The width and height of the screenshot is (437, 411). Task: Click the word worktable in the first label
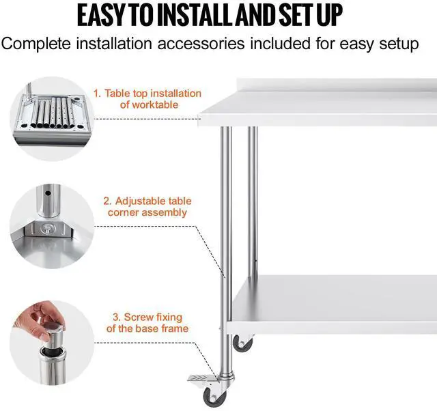pyautogui.click(x=149, y=104)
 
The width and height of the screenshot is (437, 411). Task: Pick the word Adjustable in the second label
pyautogui.click(x=153, y=201)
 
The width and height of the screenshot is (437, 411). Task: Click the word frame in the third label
pyautogui.click(x=172, y=329)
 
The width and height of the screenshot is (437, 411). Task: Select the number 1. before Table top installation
pyautogui.click(x=98, y=93)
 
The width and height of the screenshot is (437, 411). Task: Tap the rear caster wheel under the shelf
pyautogui.click(x=242, y=343)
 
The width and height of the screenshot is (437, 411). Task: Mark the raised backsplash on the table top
pyautogui.click(x=335, y=87)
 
